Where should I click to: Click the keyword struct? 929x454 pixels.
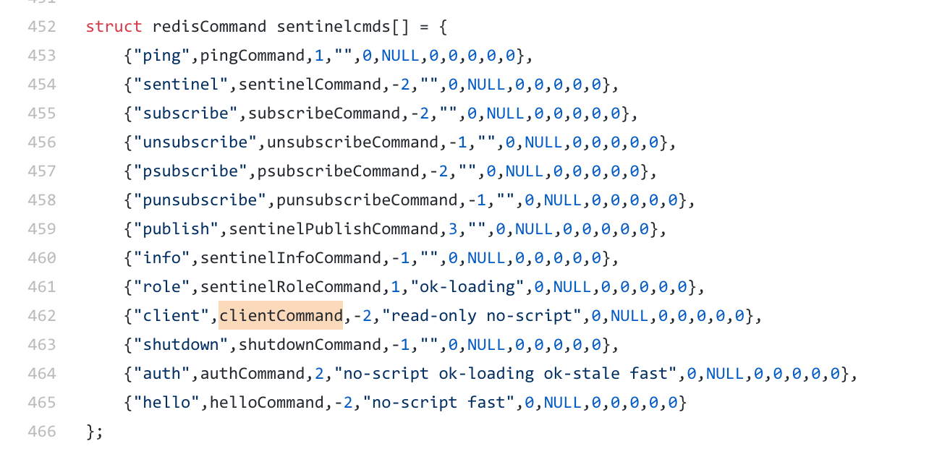click(114, 27)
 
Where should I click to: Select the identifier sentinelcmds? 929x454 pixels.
click(334, 27)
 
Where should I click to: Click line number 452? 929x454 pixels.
click(41, 27)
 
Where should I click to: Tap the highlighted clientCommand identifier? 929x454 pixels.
click(281, 316)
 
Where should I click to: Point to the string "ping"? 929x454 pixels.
click(162, 56)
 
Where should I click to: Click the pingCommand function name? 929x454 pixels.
click(253, 56)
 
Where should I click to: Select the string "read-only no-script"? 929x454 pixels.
click(482, 316)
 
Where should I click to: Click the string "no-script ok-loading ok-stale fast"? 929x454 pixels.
click(506, 374)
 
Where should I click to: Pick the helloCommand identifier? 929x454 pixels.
click(267, 403)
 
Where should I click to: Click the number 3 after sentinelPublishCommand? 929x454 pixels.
click(453, 229)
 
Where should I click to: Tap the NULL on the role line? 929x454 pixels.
click(572, 287)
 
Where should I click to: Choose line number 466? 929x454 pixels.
click(41, 432)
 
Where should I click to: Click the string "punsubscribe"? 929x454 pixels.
click(200, 200)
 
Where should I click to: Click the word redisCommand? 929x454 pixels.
click(209, 27)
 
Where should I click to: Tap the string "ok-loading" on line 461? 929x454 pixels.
click(467, 287)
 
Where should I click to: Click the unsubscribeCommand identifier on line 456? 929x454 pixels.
click(352, 142)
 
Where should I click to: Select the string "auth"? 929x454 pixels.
click(162, 374)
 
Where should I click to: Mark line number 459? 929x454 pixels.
click(41, 229)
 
